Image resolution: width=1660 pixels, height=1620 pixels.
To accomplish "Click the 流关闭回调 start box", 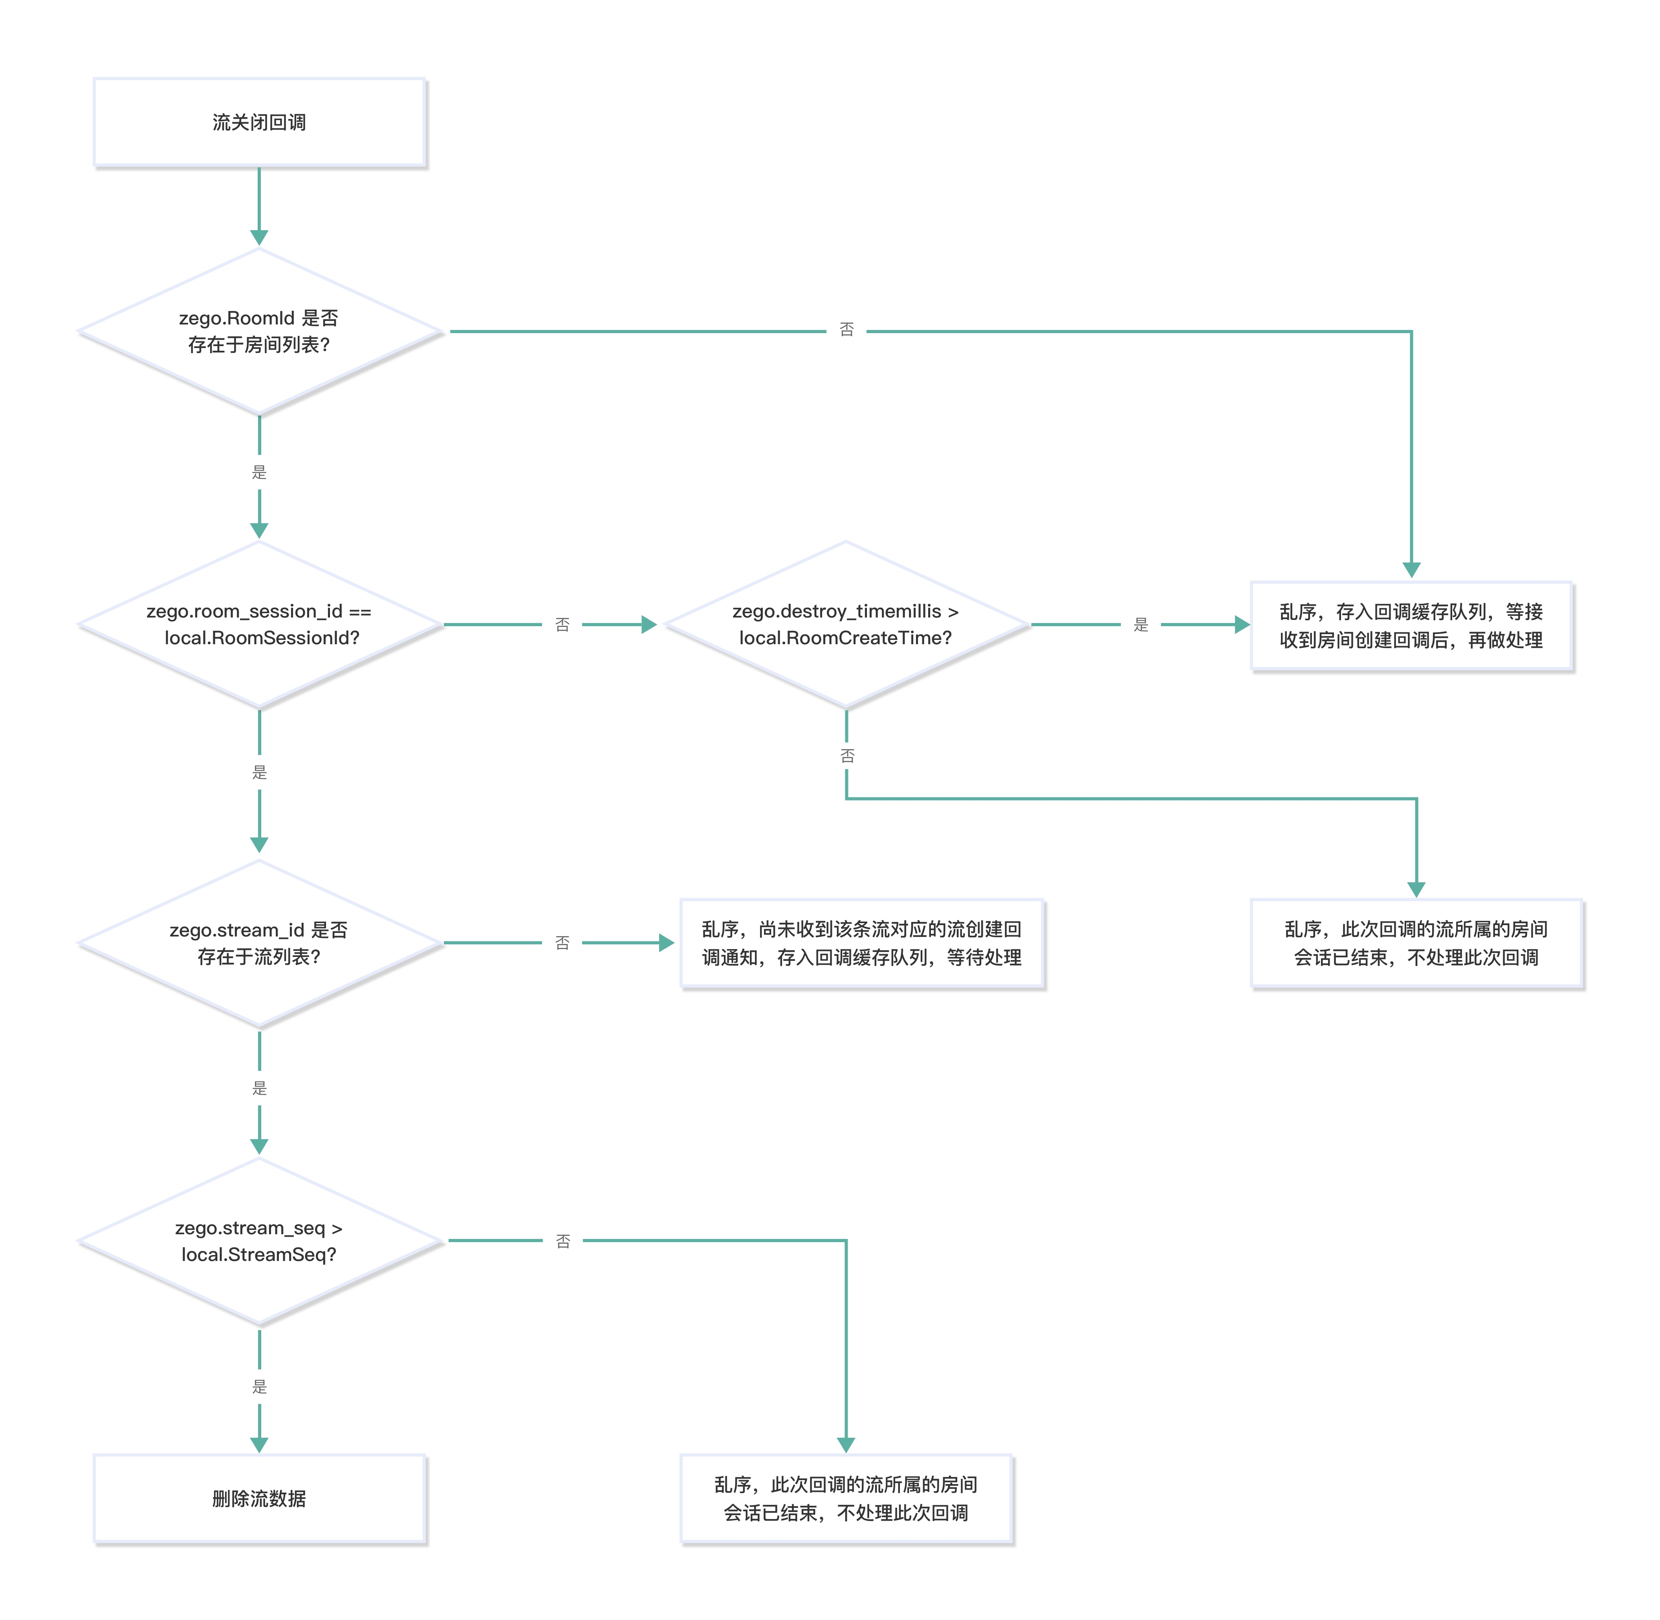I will coord(260,123).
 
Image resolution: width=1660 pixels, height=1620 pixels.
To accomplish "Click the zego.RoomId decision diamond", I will coord(260,331).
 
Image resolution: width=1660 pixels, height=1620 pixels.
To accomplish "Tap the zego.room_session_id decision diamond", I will coord(260,625).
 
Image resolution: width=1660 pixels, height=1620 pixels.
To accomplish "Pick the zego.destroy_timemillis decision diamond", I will coord(846,625).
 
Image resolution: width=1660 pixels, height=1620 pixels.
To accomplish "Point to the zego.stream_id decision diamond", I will coord(260,943).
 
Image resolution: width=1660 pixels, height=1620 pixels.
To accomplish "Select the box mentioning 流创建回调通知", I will coord(862,943).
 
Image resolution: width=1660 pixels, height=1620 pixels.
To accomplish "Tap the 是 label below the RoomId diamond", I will coord(260,472).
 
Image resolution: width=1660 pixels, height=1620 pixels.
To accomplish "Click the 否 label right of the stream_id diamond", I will coord(562,943).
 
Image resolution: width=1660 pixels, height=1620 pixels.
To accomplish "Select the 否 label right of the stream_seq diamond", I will coord(563,1241).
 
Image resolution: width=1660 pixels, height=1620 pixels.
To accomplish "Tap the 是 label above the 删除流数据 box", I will coord(260,1387).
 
